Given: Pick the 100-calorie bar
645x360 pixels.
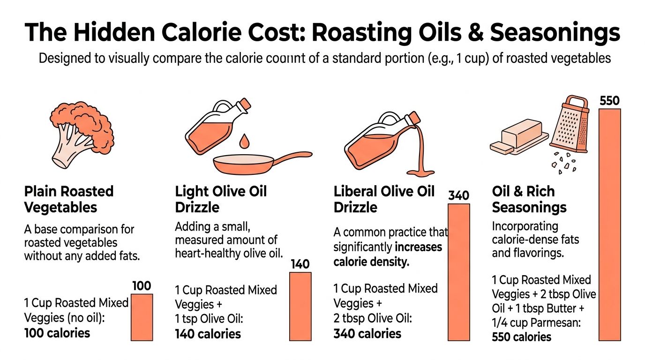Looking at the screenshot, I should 142,317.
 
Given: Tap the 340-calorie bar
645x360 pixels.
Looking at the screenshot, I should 459,271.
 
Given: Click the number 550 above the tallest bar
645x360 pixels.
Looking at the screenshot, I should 609,101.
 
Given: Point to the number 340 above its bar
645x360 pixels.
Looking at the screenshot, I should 459,195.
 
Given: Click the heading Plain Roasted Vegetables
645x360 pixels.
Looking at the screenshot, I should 68,199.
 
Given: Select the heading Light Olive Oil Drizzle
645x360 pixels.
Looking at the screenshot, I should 221,199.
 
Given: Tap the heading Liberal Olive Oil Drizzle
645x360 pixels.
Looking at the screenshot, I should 384,199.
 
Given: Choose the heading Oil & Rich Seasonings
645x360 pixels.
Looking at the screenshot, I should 529,199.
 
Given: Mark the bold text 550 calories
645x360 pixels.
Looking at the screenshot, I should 521,337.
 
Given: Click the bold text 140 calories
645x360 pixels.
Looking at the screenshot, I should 208,334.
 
